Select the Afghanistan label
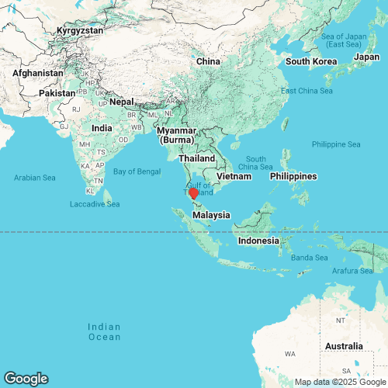(x=37, y=73)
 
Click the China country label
(x=208, y=61)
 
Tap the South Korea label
(x=310, y=61)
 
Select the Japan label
(x=366, y=56)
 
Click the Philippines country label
(x=293, y=177)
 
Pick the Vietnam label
(x=234, y=177)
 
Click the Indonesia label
(x=258, y=241)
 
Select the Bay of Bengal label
(x=137, y=171)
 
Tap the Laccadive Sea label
(x=95, y=204)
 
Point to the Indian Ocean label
(x=104, y=331)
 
